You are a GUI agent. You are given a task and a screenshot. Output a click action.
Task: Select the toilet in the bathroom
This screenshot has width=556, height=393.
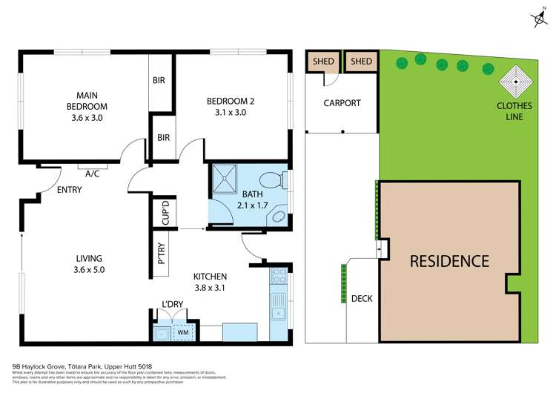coord(271,180)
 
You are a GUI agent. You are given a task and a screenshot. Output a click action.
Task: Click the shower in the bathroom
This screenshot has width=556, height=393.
coord(224,177)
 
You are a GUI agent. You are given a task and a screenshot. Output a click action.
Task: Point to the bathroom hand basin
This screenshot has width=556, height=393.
coord(279,217)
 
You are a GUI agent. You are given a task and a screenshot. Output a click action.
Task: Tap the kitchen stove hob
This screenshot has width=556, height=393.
coord(279,277)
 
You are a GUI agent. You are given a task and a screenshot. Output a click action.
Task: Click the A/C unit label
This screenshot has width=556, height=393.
coord(93,174)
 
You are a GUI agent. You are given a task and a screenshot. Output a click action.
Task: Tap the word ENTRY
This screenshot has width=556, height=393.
coord(69,190)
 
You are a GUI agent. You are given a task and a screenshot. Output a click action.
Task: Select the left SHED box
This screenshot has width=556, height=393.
coord(322,62)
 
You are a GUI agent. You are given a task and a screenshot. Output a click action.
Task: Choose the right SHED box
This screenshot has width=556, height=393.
coord(361,62)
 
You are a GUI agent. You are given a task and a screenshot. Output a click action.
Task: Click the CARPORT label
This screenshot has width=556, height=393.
coord(342,103)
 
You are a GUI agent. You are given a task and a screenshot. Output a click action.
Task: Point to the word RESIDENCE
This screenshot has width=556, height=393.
coord(450,261)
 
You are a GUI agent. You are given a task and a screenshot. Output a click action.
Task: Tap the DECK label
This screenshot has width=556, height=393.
coord(362,299)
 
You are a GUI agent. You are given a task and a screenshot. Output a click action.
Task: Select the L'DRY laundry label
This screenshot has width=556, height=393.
coord(172,304)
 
